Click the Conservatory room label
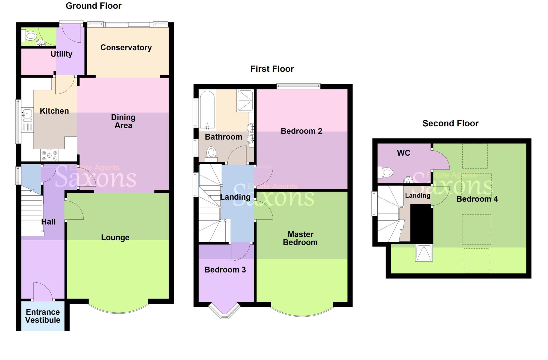pos(126,48)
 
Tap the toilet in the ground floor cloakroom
pos(30,36)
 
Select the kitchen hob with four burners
pos(50,155)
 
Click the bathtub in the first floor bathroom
pos(207,110)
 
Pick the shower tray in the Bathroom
pos(245,101)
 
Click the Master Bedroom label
pos(300,238)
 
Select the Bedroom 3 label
pos(225,270)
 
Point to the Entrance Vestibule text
pos(43,316)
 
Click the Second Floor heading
pos(450,123)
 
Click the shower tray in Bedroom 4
pos(424,252)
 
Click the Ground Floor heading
pos(94,6)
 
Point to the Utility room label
pos(62,54)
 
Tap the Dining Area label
pos(123,121)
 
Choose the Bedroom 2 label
pos(301,131)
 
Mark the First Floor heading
pos(272,69)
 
